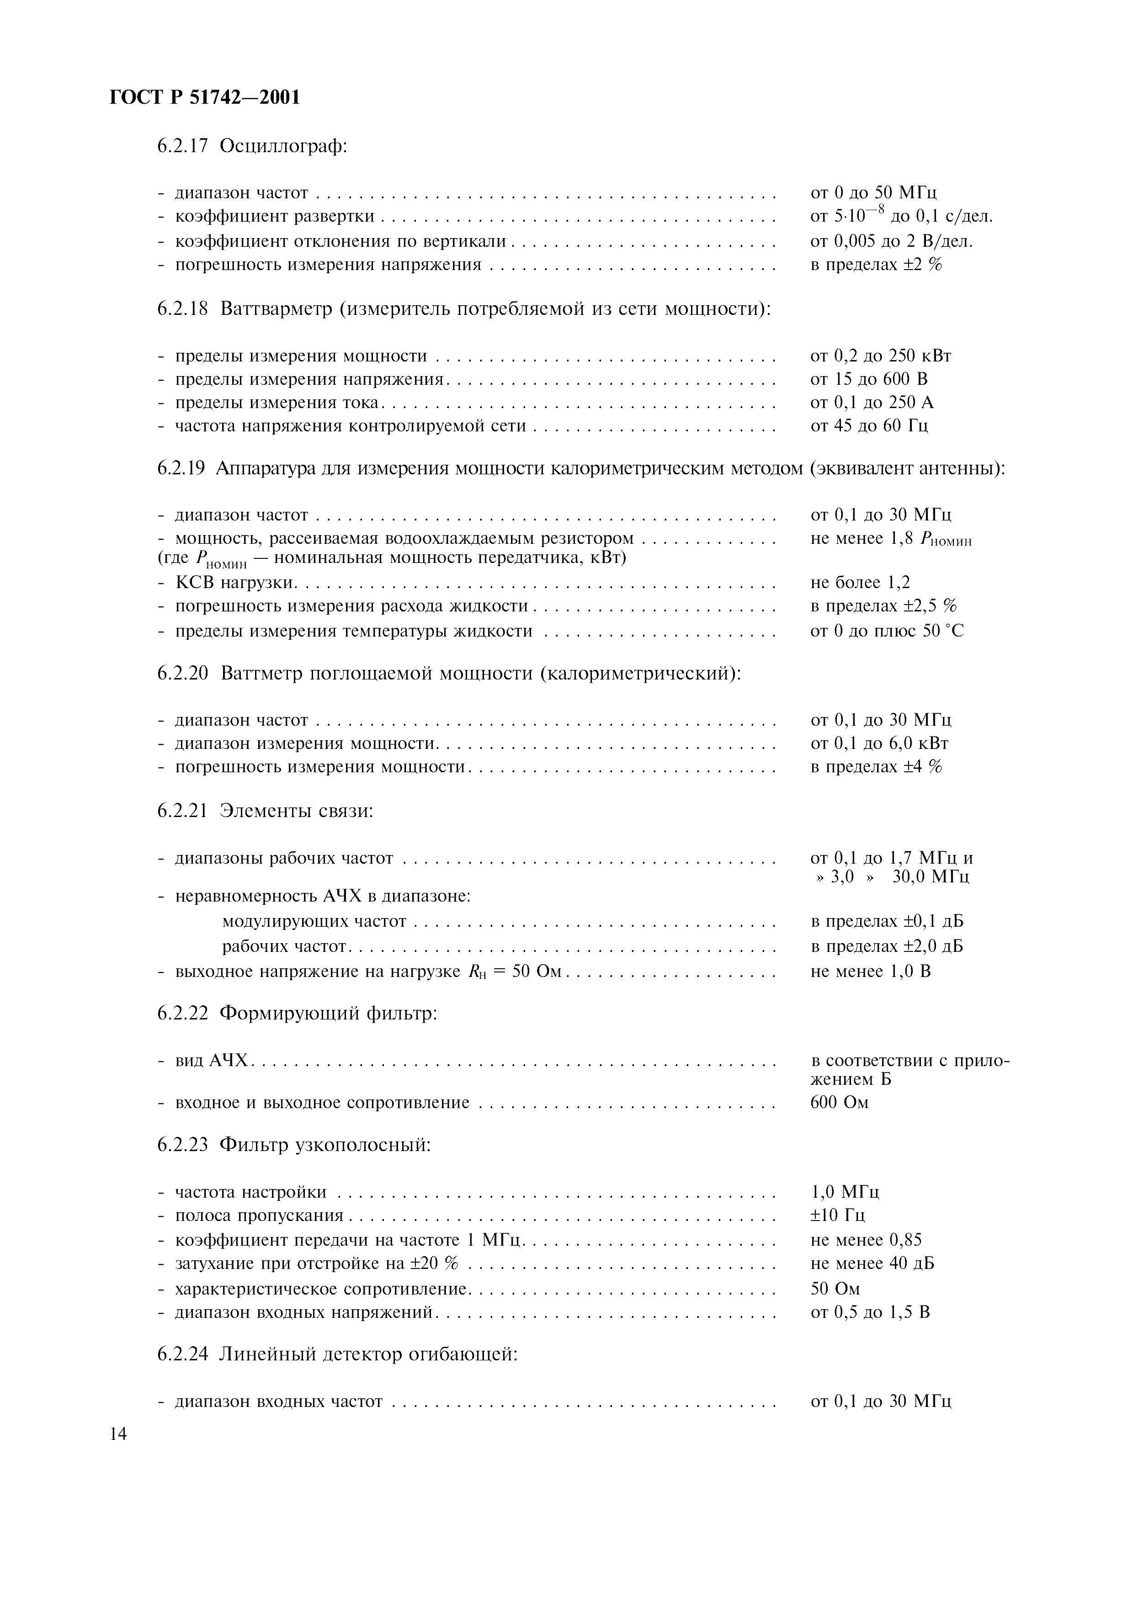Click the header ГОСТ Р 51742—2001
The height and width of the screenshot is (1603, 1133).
(205, 98)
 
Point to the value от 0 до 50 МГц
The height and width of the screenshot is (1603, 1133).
(873, 193)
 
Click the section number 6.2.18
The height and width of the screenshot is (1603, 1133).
(182, 308)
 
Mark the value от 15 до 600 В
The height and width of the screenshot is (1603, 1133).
(868, 379)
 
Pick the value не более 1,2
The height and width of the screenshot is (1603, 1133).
(860, 582)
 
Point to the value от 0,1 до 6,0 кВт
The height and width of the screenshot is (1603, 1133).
(879, 743)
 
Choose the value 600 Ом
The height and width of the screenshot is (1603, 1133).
(839, 1103)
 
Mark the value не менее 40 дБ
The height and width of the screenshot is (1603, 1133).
(872, 1263)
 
